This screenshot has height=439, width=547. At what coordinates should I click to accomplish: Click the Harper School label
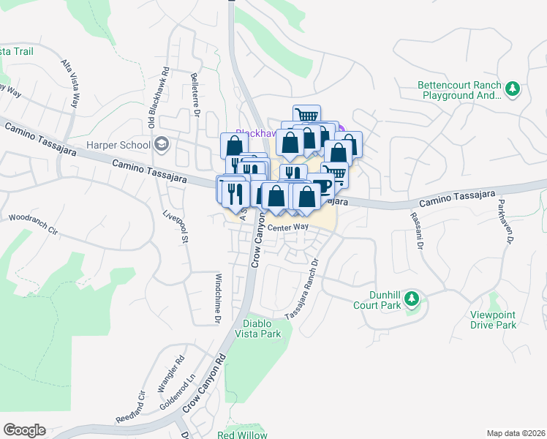pyautogui.click(x=118, y=145)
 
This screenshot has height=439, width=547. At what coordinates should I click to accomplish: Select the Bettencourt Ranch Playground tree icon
pyautogui.click(x=513, y=89)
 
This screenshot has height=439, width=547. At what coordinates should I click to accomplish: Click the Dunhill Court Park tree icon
pyautogui.click(x=412, y=299)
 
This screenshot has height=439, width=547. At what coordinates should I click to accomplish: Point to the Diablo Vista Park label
pyautogui.click(x=263, y=329)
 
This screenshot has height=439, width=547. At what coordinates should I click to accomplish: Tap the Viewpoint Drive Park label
pyautogui.click(x=493, y=320)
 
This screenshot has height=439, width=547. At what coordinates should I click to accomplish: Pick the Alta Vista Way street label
pyautogui.click(x=70, y=83)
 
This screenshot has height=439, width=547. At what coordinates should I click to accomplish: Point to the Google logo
pyautogui.click(x=24, y=430)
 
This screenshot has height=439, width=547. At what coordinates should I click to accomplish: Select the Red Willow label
pyautogui.click(x=242, y=435)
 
